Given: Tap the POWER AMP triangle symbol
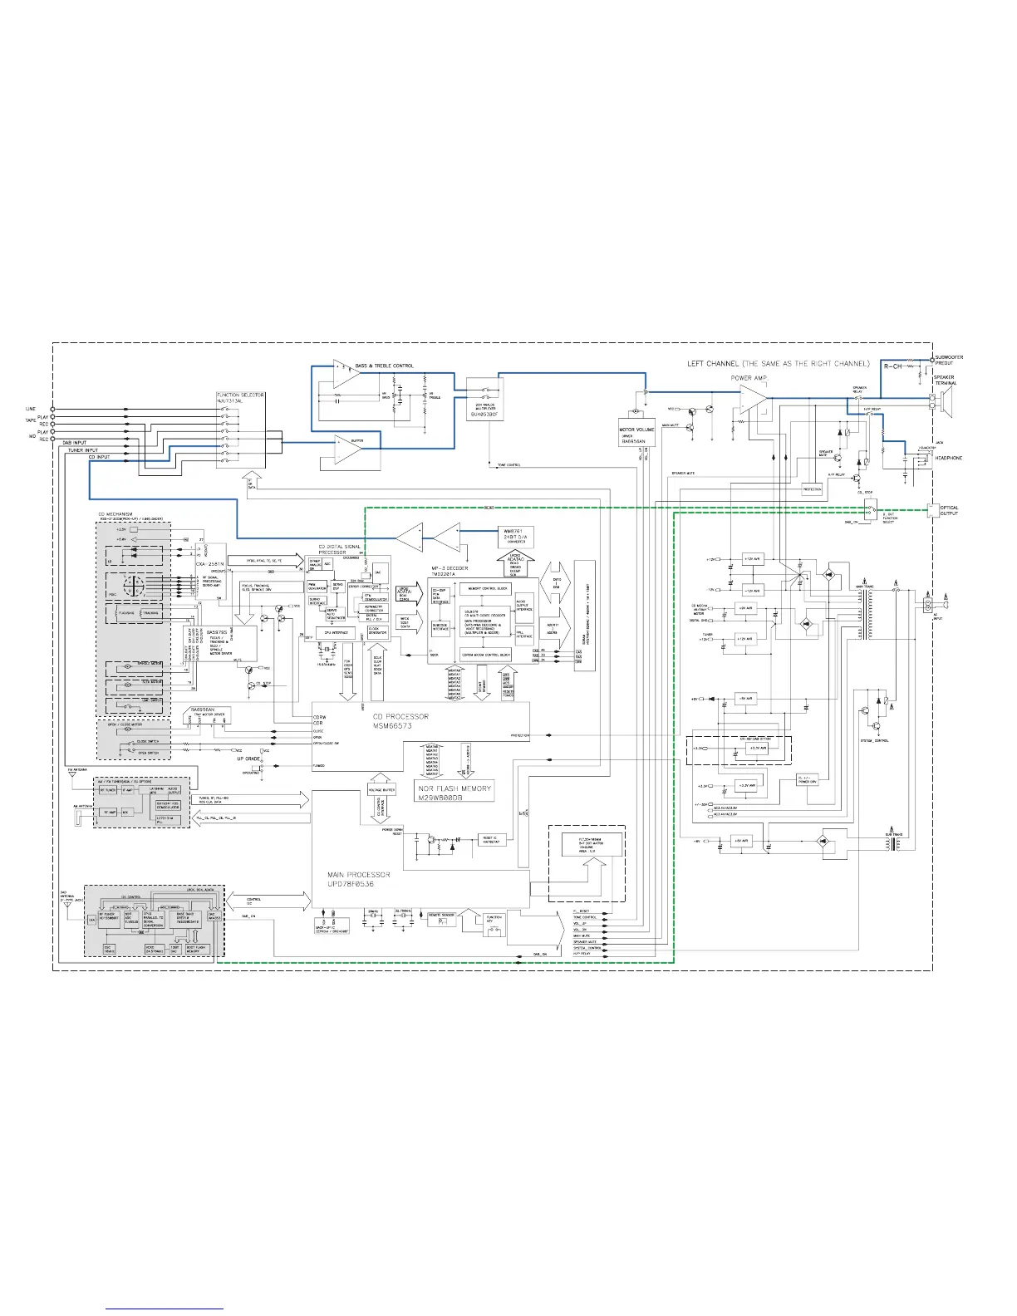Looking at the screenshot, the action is coord(754,398).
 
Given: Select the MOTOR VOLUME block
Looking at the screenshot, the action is coord(637,433).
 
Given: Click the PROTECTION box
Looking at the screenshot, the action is coord(812,489).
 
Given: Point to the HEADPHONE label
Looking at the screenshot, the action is coord(948,459).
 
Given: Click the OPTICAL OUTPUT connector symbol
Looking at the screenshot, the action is coord(931,509).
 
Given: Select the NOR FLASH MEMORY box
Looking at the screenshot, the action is coord(454,792).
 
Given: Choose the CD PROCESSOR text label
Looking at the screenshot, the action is coord(400,720).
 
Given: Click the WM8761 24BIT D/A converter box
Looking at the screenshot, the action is coord(516,535).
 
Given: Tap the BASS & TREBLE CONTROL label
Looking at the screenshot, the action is coord(384,366).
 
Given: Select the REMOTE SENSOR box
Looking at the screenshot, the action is coord(441,918).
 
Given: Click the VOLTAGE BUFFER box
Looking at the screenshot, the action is coord(381,789).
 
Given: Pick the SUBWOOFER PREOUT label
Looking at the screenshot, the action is coord(949,360).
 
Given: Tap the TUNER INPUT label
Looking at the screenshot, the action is coord(83,449).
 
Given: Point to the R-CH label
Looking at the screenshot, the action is coord(892,366).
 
